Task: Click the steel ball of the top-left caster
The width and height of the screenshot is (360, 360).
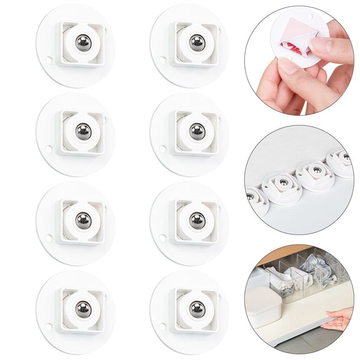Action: pos(83,42)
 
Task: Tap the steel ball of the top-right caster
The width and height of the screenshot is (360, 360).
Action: pos(197,42)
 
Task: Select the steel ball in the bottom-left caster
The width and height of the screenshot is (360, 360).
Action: pos(83,309)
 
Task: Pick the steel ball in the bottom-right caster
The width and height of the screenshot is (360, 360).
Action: pos(197,309)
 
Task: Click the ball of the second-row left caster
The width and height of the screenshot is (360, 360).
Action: pos(83,131)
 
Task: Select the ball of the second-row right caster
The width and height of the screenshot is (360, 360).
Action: pos(197,131)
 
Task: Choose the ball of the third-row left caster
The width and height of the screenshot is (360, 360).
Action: pos(83,220)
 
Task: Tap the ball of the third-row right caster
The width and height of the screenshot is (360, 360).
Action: pos(197,220)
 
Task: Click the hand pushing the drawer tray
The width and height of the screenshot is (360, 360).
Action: pos(340,321)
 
